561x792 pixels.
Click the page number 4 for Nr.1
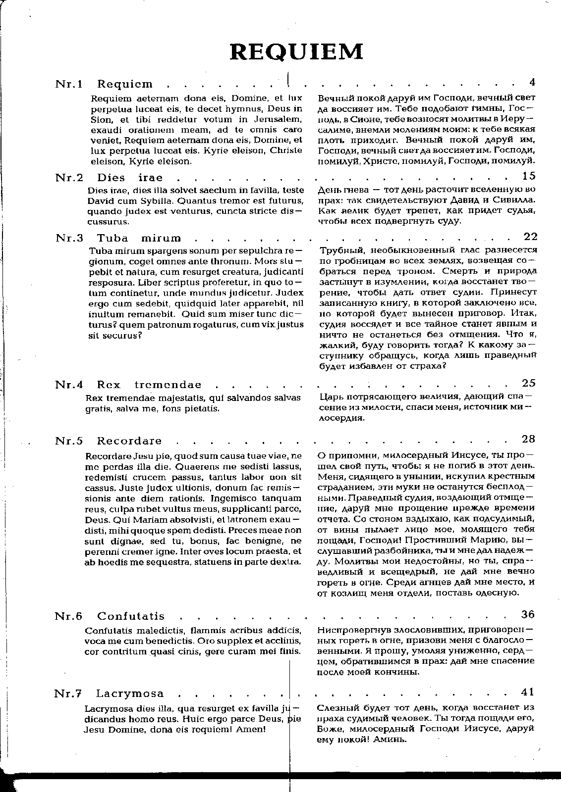point(532,82)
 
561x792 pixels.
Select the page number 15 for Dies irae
point(529,176)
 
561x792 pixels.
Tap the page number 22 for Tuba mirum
point(530,237)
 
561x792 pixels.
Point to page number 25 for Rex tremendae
point(529,383)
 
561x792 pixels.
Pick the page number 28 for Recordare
point(529,439)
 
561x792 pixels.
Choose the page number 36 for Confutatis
point(528,614)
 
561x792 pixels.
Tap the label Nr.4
point(68,385)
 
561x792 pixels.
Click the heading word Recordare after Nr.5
point(129,441)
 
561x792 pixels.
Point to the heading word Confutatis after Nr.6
point(131,617)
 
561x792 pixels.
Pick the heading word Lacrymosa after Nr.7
point(130,694)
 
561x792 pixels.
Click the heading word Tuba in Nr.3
point(112,239)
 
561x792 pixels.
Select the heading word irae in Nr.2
point(150,178)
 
